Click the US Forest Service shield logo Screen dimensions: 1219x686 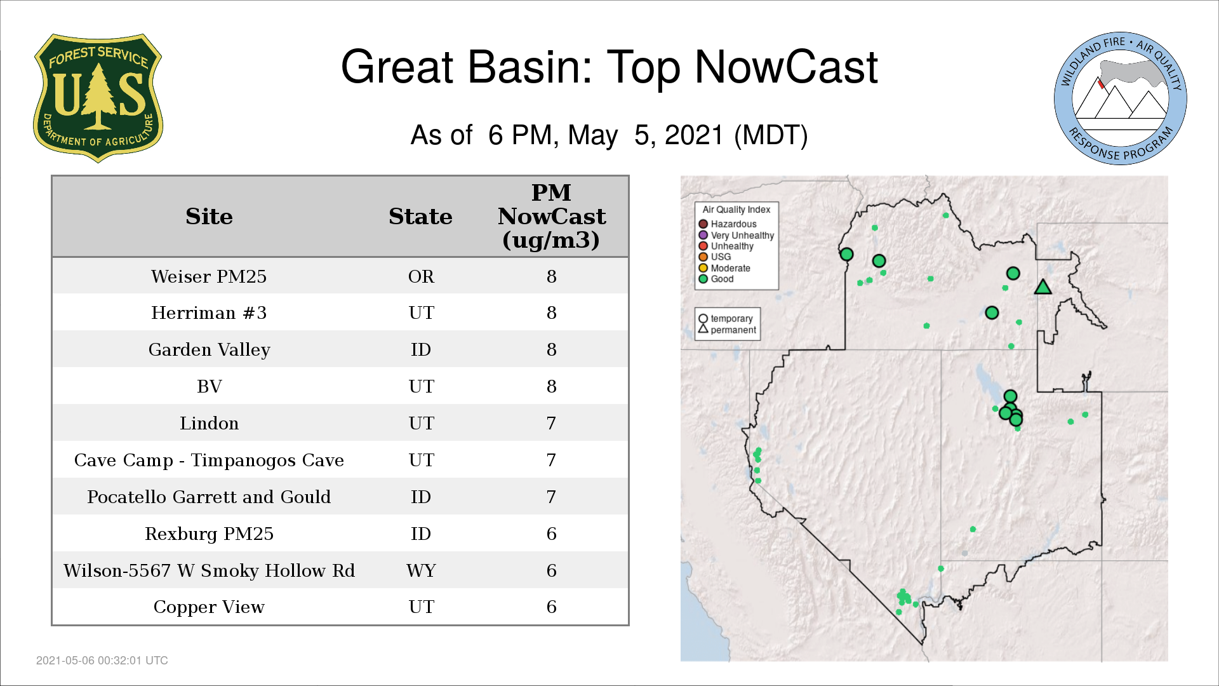pyautogui.click(x=98, y=98)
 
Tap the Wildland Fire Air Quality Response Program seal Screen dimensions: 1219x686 pyautogui.click(x=1121, y=98)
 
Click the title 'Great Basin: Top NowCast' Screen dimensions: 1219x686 pyautogui.click(x=609, y=67)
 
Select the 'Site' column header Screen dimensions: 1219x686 pyautogui.click(x=209, y=217)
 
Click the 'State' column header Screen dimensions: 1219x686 pyautogui.click(x=420, y=217)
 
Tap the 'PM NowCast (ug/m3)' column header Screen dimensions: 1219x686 pyautogui.click(x=551, y=216)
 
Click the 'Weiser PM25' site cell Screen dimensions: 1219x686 pyautogui.click(x=209, y=276)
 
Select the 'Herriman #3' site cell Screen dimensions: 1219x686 pyautogui.click(x=209, y=313)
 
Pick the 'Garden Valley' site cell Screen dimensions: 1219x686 pyautogui.click(x=209, y=350)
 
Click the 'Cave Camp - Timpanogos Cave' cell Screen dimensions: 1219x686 pyautogui.click(x=209, y=460)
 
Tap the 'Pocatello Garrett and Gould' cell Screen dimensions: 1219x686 pyautogui.click(x=209, y=497)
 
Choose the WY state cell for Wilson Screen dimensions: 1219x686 pyautogui.click(x=421, y=570)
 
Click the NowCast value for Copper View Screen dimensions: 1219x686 pyautogui.click(x=551, y=607)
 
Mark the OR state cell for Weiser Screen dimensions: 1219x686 pyautogui.click(x=421, y=276)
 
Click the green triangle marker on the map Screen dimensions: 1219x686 pyautogui.click(x=1042, y=288)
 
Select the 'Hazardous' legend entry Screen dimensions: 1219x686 pyautogui.click(x=728, y=224)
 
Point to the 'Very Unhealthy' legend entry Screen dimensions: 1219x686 pyautogui.click(x=736, y=235)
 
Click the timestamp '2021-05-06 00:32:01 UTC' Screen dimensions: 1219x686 pyautogui.click(x=102, y=661)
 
